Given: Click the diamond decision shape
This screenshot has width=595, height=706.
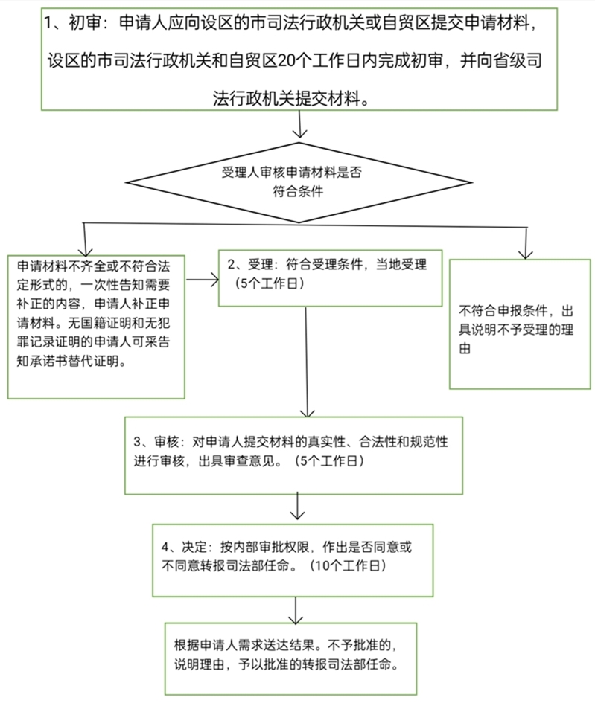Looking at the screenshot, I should pos(297,181).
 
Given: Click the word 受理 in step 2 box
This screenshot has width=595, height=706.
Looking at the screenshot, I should pos(260,265).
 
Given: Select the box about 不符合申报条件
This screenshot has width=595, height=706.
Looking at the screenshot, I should pos(520,324).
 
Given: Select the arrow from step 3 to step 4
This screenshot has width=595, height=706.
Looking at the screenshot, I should pos(298,508).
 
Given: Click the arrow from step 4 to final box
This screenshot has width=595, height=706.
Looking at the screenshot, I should pos(298,609).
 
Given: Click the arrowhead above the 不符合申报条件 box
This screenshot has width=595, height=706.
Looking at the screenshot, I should pos(526,251).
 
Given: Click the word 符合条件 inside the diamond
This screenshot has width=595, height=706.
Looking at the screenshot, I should pos(297,190).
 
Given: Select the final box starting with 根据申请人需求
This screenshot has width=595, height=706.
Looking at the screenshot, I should pos(290,655).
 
